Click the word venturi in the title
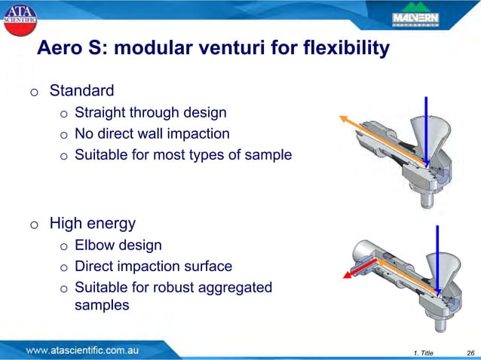227,49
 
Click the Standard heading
81,92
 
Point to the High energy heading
92,224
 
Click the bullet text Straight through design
150,114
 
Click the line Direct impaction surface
153,267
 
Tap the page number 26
470,352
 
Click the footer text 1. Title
424,352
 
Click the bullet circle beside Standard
34,93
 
